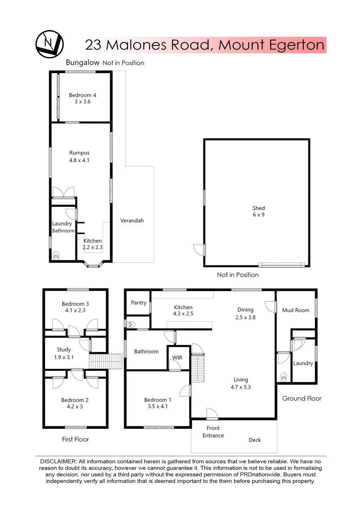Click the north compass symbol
click(x=49, y=44)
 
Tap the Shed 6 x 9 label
click(x=258, y=211)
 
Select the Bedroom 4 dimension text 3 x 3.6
click(x=82, y=102)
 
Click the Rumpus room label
click(x=79, y=153)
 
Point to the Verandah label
click(x=132, y=221)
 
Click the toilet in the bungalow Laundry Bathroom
click(x=56, y=256)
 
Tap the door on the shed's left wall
click(x=200, y=250)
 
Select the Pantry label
click(x=139, y=303)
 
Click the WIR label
click(x=177, y=357)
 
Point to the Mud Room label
click(x=296, y=310)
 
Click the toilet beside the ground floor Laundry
click(x=284, y=378)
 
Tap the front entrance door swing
click(x=212, y=414)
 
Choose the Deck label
click(x=255, y=440)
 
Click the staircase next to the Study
click(x=105, y=361)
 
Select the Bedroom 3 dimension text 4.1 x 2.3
click(x=75, y=310)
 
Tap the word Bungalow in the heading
click(x=83, y=63)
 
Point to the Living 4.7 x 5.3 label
click(x=240, y=384)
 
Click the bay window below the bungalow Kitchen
click(x=93, y=264)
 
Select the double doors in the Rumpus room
click(x=63, y=192)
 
